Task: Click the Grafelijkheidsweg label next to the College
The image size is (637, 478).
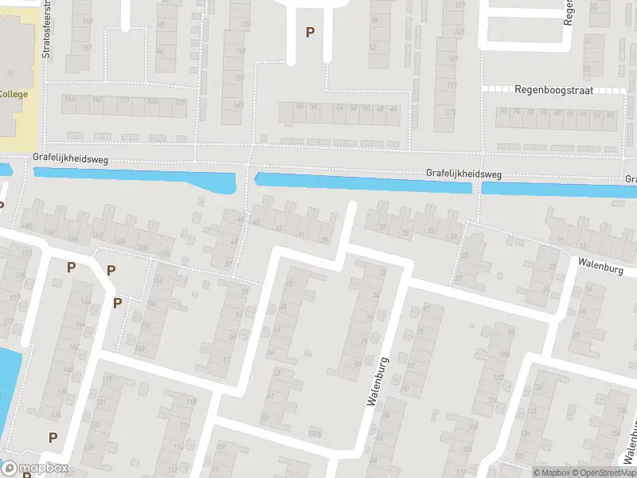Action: click(x=70, y=159)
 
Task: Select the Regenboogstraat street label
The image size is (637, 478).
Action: click(x=553, y=91)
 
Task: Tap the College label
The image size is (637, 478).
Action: click(x=13, y=95)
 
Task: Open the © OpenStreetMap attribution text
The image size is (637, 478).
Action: click(x=600, y=472)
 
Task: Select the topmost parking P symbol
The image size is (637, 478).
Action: click(x=311, y=32)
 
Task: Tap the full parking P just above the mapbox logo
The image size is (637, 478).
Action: click(x=53, y=437)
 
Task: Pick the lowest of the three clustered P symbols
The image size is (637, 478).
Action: click(x=117, y=303)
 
